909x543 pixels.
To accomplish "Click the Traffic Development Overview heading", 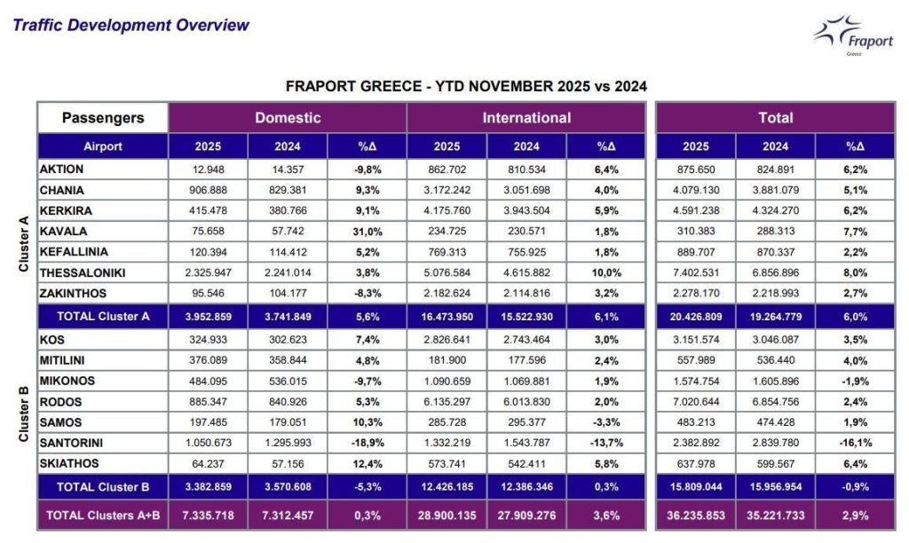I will (131, 25).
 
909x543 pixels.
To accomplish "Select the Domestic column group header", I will (288, 117).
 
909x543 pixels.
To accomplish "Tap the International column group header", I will (526, 117).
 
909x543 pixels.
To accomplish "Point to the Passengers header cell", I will (103, 117).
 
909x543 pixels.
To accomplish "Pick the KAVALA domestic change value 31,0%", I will (367, 230).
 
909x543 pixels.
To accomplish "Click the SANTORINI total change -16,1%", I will (854, 442).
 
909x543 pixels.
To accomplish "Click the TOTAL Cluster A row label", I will (103, 315).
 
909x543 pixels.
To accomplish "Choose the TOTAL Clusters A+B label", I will (103, 515).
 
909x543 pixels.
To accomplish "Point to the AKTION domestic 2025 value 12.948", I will (208, 169).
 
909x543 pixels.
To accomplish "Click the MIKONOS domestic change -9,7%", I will (367, 381).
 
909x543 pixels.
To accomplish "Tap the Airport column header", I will (103, 146).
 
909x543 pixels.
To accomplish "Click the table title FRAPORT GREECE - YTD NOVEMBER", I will (466, 86).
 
